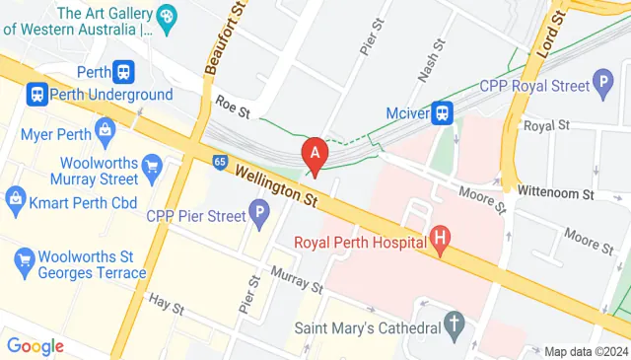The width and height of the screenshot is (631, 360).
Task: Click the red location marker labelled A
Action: click(315, 155)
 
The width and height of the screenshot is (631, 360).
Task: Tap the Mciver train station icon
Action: click(445, 113)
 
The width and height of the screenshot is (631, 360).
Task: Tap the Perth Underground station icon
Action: click(36, 95)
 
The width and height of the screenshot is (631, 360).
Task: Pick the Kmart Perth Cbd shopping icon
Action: click(16, 198)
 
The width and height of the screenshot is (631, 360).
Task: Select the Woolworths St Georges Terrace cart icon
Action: click(26, 260)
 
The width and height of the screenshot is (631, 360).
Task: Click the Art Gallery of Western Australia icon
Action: click(166, 17)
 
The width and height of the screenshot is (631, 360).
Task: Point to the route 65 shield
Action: click(218, 160)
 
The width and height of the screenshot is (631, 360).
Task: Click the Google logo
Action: click(35, 346)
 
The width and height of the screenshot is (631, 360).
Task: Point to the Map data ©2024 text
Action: click(586, 351)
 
